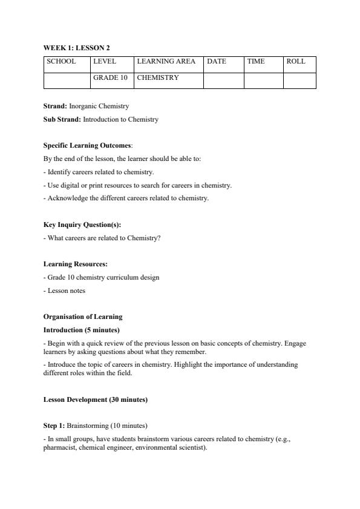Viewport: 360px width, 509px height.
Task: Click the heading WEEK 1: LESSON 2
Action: point(76,48)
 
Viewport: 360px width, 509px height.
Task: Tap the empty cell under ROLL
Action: point(299,80)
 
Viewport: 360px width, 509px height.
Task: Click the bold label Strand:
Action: point(55,106)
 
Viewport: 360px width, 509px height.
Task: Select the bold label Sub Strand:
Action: point(62,119)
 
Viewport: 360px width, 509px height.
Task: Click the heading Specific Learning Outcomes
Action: point(87,146)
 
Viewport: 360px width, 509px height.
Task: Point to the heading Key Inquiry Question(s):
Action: point(82,225)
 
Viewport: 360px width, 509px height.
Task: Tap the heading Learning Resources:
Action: point(76,264)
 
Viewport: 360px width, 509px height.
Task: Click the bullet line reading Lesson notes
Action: point(65,291)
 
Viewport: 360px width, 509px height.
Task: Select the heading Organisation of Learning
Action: point(83,317)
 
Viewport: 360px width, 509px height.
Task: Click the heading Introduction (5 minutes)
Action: point(82,330)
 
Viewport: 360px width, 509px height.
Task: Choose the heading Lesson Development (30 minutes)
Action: point(96,399)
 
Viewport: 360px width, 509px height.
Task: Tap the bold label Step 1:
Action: point(54,425)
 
